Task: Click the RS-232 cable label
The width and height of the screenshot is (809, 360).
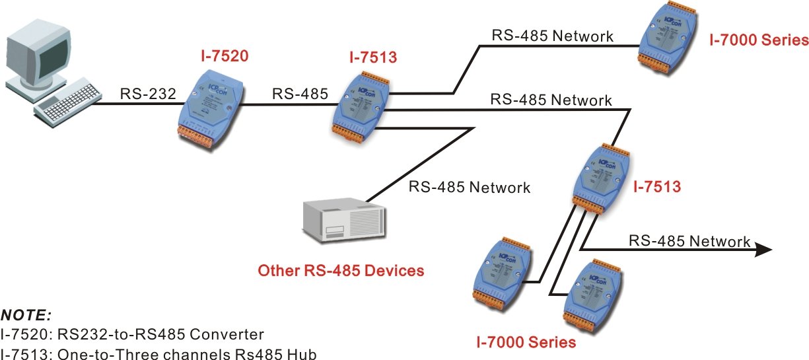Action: tap(148, 94)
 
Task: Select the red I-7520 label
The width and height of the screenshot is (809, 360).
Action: tap(225, 56)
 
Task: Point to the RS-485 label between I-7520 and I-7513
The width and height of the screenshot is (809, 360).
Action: tap(300, 94)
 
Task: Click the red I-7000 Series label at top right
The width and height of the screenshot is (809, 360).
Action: tap(759, 40)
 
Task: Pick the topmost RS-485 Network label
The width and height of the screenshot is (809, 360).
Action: tap(553, 35)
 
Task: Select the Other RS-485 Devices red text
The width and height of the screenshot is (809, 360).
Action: tap(341, 270)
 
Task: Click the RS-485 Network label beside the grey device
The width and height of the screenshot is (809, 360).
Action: tap(469, 187)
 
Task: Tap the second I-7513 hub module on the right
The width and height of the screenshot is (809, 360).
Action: tap(600, 180)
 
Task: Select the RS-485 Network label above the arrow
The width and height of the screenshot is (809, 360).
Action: tap(690, 240)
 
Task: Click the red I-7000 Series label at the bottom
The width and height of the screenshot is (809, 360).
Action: tap(526, 342)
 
